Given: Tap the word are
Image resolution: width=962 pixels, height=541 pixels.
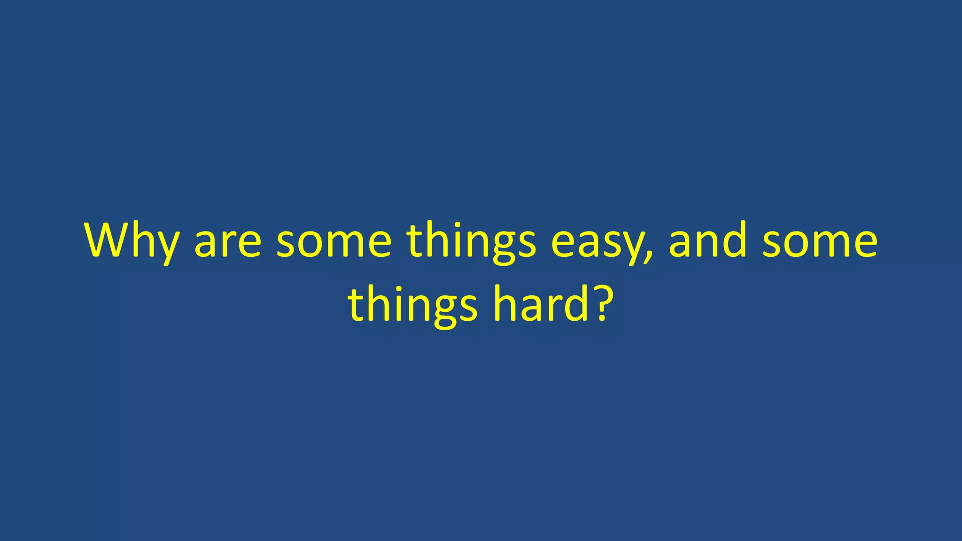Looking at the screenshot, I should click(x=228, y=242).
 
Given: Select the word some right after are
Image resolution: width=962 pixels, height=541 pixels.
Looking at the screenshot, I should click(x=334, y=242).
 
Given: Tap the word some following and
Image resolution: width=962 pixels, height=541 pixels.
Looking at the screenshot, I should click(x=820, y=242).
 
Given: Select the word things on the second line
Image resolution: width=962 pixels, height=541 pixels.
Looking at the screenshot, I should click(x=412, y=305).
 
